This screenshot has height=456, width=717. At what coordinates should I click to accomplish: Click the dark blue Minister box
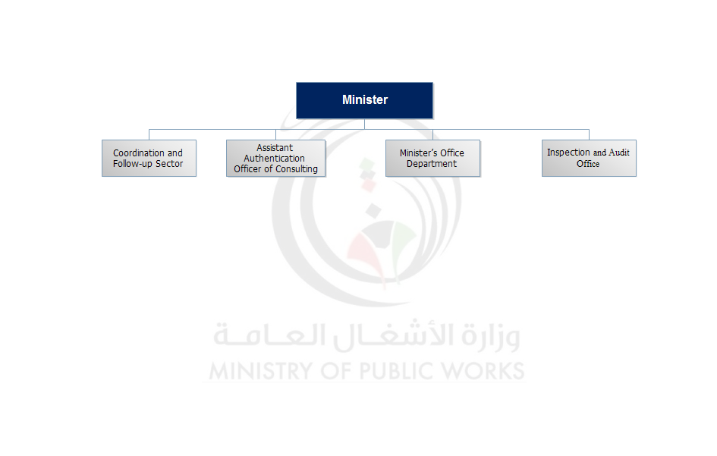point(364,100)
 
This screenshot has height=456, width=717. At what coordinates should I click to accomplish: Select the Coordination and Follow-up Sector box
point(149,159)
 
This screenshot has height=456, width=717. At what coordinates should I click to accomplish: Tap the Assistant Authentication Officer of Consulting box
point(275,159)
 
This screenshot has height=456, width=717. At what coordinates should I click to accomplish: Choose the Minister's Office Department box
point(432,159)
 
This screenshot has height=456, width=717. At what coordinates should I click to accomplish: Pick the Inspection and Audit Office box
point(589,159)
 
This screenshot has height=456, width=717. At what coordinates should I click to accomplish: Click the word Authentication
point(274,159)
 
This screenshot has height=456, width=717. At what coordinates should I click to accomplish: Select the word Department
point(432,164)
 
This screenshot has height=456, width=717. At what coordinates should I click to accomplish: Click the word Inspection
point(568,153)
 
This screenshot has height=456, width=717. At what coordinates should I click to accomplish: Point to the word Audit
point(619,153)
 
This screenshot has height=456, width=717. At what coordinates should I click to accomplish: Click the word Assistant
point(275,148)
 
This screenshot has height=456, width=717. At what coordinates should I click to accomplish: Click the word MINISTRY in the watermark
point(259,371)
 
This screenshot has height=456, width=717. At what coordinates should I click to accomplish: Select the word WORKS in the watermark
point(484,371)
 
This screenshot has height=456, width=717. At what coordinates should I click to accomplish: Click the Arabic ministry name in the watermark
point(366,336)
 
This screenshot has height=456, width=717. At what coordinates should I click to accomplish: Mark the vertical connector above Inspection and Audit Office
point(589,134)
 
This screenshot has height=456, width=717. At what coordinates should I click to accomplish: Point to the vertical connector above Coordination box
point(149,134)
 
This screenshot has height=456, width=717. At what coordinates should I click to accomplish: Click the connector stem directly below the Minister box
point(364,124)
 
